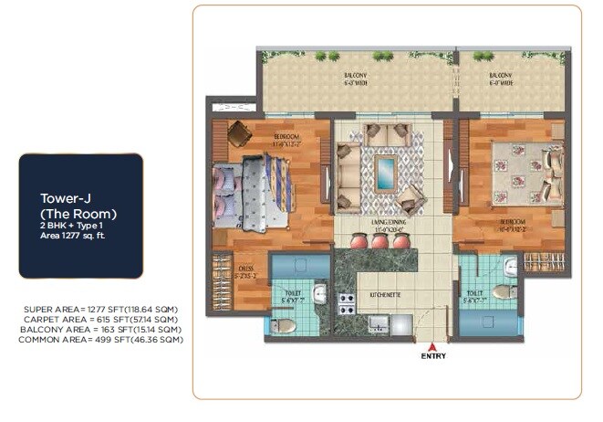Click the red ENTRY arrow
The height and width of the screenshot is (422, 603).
point(432,346)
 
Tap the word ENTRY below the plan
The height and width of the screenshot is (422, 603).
point(432,357)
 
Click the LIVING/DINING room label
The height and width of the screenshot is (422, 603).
point(378,222)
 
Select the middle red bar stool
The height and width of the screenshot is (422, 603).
point(378,242)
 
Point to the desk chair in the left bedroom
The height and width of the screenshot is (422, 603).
point(239,134)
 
